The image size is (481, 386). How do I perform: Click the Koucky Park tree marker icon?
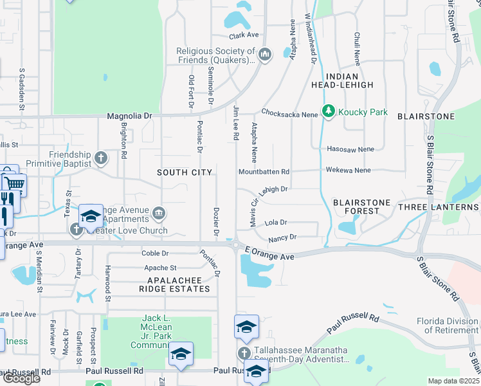pyautogui.click(x=329, y=112)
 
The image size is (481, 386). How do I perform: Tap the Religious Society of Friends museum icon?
pyautogui.click(x=266, y=54)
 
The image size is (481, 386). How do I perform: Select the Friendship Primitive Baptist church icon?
pyautogui.click(x=101, y=158)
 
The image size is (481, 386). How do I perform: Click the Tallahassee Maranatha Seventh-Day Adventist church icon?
pyautogui.click(x=244, y=353)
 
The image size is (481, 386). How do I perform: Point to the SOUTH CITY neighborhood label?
pyautogui.click(x=185, y=172)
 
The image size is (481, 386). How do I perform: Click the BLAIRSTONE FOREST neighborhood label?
pyautogui.click(x=361, y=207)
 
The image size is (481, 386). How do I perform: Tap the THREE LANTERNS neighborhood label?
pyautogui.click(x=439, y=207)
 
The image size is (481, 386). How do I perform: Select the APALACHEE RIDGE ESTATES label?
pyautogui.click(x=179, y=284)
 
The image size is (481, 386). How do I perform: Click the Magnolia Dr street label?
pyautogui.click(x=129, y=116)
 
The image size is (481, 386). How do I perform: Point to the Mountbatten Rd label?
pyautogui.click(x=264, y=172)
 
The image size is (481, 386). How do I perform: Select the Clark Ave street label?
pyautogui.click(x=244, y=35)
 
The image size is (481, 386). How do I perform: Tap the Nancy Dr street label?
pyautogui.click(x=282, y=237)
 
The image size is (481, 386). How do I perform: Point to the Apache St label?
pyautogui.click(x=160, y=268)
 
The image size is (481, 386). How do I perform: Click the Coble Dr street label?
pyautogui.click(x=154, y=253)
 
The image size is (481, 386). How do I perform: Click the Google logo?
pyautogui.click(x=21, y=378)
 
